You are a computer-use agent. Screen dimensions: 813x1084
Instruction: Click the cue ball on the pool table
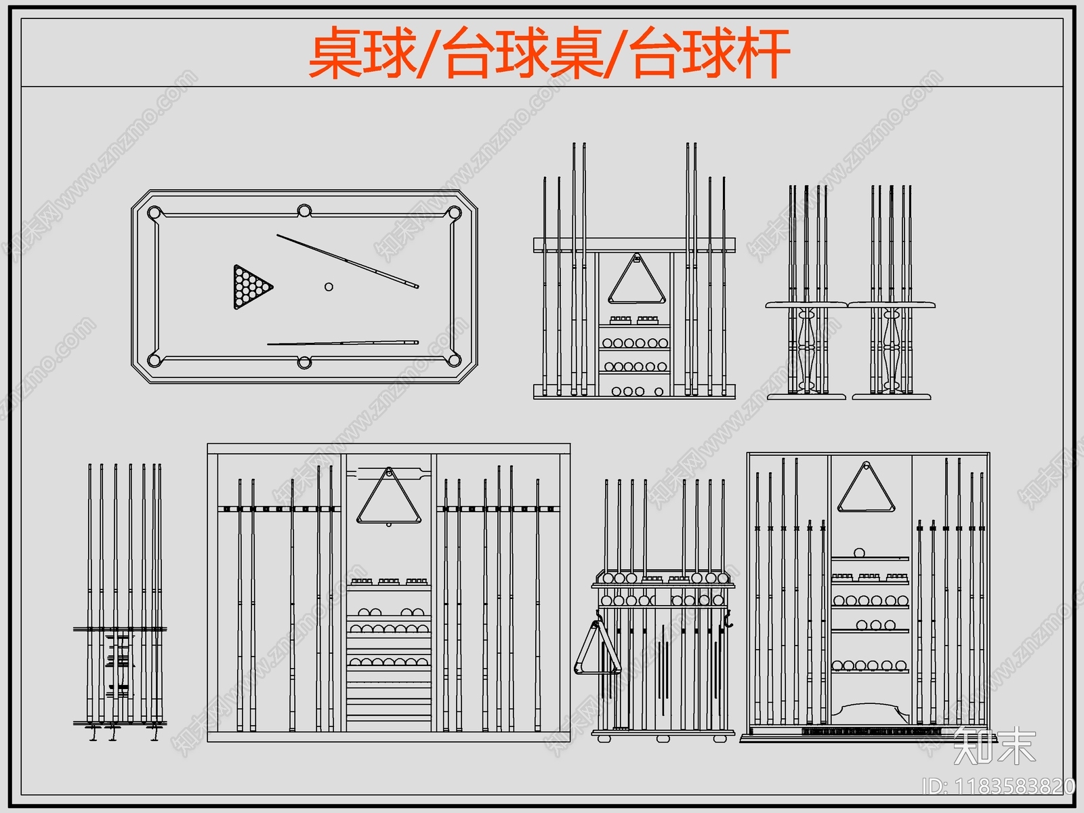click(329, 287)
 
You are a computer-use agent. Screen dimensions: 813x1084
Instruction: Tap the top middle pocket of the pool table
click(304, 210)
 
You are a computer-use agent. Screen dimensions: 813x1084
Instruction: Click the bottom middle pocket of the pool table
click(304, 363)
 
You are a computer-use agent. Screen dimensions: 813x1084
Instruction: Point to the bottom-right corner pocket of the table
click(453, 360)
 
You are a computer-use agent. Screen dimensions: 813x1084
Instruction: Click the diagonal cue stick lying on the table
click(348, 262)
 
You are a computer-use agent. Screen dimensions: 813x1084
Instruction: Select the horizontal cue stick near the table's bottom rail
click(343, 343)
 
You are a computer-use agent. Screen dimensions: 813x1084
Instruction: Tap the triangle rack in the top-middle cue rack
click(636, 280)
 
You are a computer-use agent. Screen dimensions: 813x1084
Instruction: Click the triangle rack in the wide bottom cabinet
click(389, 498)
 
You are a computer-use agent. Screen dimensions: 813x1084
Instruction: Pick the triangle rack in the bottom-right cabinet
click(866, 490)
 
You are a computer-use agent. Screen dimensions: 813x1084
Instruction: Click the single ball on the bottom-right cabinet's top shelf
click(860, 553)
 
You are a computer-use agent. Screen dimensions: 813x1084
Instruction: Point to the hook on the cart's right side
click(728, 618)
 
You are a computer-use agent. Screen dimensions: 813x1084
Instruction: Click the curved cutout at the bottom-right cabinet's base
click(871, 711)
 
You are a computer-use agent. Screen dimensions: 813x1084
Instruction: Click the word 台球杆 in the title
click(710, 53)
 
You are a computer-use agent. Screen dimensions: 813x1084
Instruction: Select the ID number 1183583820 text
click(999, 787)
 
